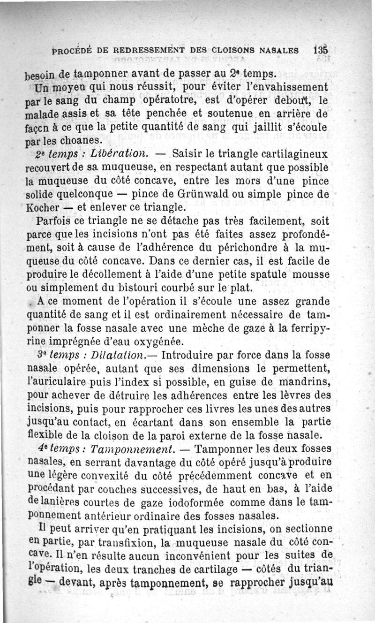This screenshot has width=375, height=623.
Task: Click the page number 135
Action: point(321,50)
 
